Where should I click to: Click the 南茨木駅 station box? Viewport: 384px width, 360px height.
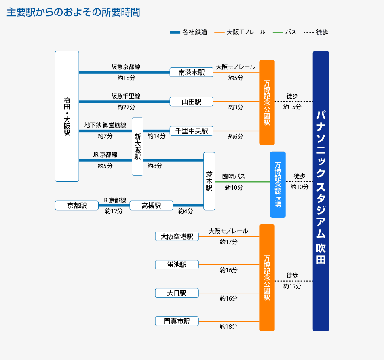pyautogui.click(x=191, y=72)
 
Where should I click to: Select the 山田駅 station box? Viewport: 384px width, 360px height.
pyautogui.click(x=191, y=102)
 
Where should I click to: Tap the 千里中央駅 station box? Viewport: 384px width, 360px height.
pyautogui.click(x=191, y=131)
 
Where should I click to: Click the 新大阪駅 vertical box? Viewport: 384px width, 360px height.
pyautogui.click(x=137, y=146)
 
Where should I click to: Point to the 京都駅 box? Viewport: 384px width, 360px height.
pyautogui.click(x=77, y=206)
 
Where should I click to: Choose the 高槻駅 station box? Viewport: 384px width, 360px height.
pyautogui.click(x=151, y=206)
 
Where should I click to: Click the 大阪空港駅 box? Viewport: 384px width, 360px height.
pyautogui.click(x=177, y=236)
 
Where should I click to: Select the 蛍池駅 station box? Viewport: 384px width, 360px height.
pyautogui.click(x=177, y=265)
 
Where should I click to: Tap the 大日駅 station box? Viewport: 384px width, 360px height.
pyautogui.click(x=177, y=293)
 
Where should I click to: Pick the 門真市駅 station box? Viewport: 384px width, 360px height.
pyautogui.click(x=177, y=321)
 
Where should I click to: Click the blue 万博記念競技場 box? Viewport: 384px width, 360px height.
pyautogui.click(x=278, y=185)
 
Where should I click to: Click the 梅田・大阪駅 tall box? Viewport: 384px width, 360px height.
pyautogui.click(x=67, y=116)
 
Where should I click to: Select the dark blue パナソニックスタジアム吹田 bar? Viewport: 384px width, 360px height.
pyautogui.click(x=321, y=191)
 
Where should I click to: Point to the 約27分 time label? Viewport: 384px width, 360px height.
pyautogui.click(x=126, y=107)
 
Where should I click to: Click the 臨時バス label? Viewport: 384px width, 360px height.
pyautogui.click(x=234, y=177)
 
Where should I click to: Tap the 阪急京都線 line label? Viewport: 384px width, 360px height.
pyautogui.click(x=126, y=67)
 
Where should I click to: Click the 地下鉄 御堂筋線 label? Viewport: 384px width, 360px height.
pyautogui.click(x=105, y=125)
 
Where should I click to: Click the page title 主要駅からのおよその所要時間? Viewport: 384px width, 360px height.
pyautogui.click(x=74, y=13)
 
